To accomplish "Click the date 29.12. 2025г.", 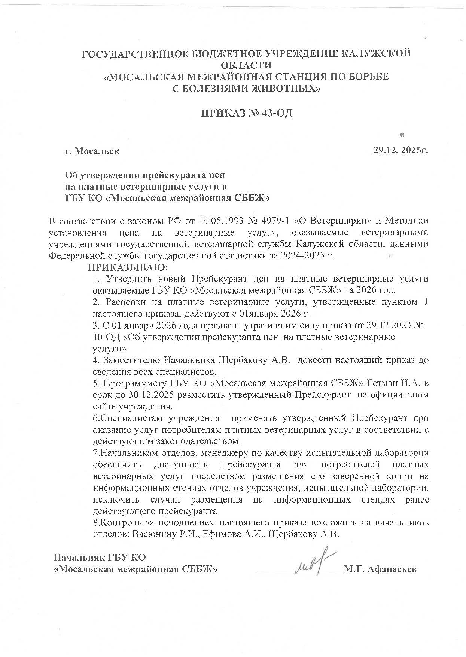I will click(400, 151).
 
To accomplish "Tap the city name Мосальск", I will click(97, 151).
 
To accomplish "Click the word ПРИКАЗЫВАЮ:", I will click(128, 268).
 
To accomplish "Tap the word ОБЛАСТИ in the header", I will click(246, 65).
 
